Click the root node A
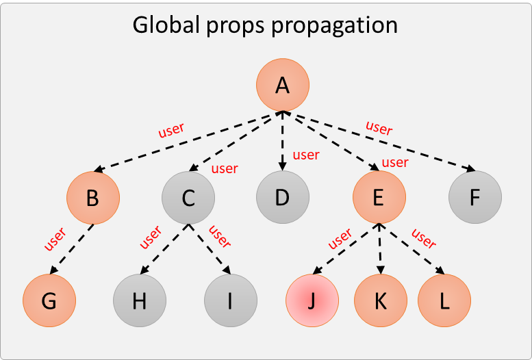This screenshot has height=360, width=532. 283,85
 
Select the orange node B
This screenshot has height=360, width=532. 93,198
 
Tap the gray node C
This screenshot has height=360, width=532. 188,198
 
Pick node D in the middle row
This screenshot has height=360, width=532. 283,197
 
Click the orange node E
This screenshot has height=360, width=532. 379,197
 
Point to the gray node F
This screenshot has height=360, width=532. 475,197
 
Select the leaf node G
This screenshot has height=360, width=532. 49,300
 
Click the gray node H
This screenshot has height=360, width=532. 140,300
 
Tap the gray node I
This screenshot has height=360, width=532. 231,300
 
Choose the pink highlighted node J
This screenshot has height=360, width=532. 312,300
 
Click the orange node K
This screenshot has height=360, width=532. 381,300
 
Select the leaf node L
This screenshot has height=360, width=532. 444,300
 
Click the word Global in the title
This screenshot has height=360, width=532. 166,25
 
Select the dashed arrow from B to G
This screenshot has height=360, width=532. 72,249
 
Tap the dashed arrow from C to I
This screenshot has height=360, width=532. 210,249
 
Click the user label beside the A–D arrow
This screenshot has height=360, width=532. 306,155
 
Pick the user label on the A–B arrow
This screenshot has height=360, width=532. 171,130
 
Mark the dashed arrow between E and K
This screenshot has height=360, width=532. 380,248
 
